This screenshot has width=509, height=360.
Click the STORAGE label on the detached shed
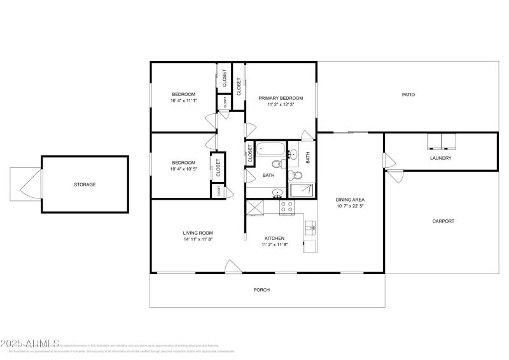[x=84, y=184]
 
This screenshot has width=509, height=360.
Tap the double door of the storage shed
[x=27, y=184]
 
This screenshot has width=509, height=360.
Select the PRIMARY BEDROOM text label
[x=280, y=99]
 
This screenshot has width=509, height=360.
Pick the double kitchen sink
[x=310, y=227]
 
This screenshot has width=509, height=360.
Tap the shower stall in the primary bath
[x=302, y=190]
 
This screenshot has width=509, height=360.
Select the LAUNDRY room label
[x=440, y=158]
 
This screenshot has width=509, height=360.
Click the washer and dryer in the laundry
[x=441, y=140]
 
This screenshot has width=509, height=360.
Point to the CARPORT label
[x=443, y=221]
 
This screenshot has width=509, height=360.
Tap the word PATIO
[x=408, y=95]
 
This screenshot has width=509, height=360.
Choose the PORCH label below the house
[x=261, y=290]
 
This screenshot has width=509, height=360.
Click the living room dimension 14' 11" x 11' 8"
[x=197, y=240]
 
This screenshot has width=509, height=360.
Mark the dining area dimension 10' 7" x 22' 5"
[x=350, y=206]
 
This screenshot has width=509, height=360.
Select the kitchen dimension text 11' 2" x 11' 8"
[x=274, y=245]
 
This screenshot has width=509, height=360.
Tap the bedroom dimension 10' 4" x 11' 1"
[x=183, y=100]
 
